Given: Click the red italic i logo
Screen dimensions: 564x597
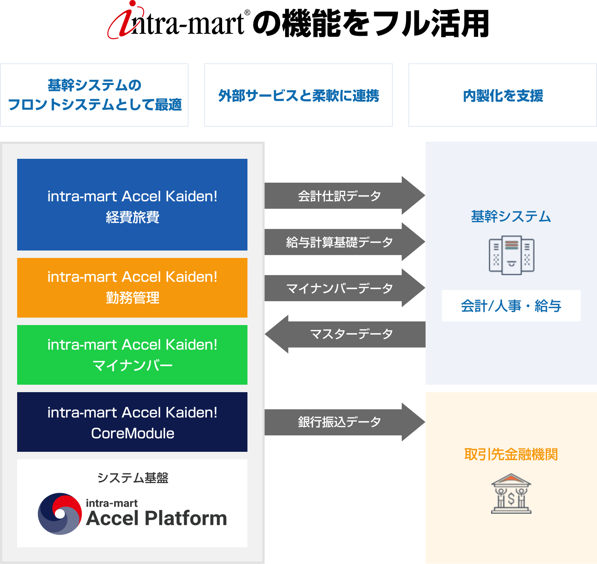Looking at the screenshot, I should coord(125,20).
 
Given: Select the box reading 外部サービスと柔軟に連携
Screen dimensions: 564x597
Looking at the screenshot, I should coord(298,95).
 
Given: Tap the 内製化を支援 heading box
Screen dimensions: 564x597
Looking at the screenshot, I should coord(503,95).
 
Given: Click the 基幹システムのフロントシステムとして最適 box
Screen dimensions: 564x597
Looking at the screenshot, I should coord(95,95).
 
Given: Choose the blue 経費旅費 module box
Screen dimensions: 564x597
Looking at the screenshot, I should coord(132,205).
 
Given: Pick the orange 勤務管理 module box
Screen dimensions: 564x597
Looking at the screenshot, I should coord(132,287).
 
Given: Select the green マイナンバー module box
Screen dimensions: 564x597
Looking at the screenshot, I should coord(132,355).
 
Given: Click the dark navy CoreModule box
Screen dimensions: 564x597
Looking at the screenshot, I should coord(132,422).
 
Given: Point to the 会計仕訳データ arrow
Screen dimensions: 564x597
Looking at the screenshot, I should coord(339,196).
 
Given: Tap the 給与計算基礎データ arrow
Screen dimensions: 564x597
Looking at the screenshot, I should coord(339,242).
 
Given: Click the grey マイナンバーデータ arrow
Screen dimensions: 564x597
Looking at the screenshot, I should coord(339,288).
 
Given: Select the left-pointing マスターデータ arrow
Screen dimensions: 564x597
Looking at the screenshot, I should coord(350,334).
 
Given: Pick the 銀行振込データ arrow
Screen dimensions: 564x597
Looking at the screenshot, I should coord(339,422).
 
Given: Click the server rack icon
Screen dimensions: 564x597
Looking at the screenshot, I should coord(511,255).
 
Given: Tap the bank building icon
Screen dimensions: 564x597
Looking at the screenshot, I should coord(511,494).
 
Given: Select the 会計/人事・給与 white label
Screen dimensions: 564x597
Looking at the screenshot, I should coord(511,306).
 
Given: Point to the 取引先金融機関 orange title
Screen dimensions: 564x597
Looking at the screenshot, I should coord(511,454).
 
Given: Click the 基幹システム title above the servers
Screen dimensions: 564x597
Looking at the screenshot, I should coord(511,217).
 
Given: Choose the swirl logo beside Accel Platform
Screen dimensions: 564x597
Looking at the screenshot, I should coord(60,514).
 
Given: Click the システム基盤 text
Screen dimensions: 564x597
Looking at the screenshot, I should coord(133,478).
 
